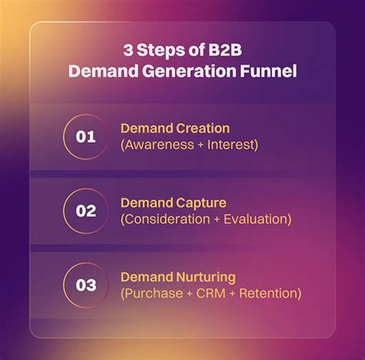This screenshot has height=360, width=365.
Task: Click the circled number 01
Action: pyautogui.click(x=86, y=137)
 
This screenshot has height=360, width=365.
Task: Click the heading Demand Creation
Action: pyautogui.click(x=175, y=128)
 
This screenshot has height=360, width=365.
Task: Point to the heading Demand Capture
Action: pyautogui.click(x=173, y=203)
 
